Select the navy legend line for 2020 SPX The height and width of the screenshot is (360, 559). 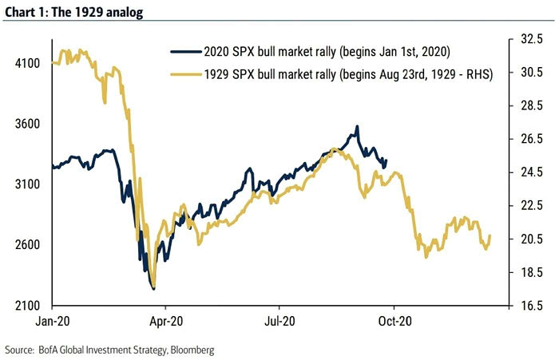pyautogui.click(x=185, y=52)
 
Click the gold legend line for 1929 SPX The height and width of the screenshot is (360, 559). pyautogui.click(x=185, y=74)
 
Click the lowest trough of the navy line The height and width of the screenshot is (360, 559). pyautogui.click(x=152, y=289)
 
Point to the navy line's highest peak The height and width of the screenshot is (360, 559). pyautogui.click(x=357, y=126)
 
